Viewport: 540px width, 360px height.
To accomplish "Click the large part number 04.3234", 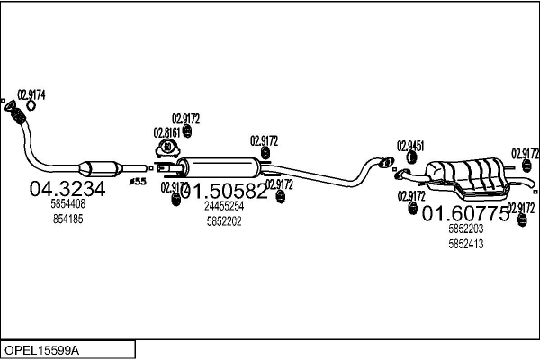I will [x=67, y=189].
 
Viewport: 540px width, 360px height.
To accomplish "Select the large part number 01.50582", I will [x=225, y=191].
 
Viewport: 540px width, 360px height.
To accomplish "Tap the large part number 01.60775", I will [x=466, y=213].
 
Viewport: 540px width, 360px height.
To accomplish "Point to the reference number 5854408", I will [x=67, y=205].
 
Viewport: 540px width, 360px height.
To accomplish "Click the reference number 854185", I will [x=67, y=219].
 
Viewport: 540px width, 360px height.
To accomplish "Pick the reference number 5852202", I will [x=225, y=220].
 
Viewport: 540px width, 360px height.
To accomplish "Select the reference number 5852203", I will [x=466, y=229].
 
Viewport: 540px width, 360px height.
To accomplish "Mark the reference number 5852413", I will [x=466, y=244].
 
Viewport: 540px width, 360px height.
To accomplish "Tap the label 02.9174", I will [x=31, y=94].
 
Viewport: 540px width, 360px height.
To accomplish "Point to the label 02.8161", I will [x=167, y=132].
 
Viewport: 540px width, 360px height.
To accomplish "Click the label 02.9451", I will [x=410, y=145].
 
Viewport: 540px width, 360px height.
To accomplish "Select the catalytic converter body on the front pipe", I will [x=101, y=168].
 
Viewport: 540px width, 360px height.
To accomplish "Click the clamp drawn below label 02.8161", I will [x=168, y=148].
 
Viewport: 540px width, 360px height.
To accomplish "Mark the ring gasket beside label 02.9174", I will [x=31, y=105].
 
